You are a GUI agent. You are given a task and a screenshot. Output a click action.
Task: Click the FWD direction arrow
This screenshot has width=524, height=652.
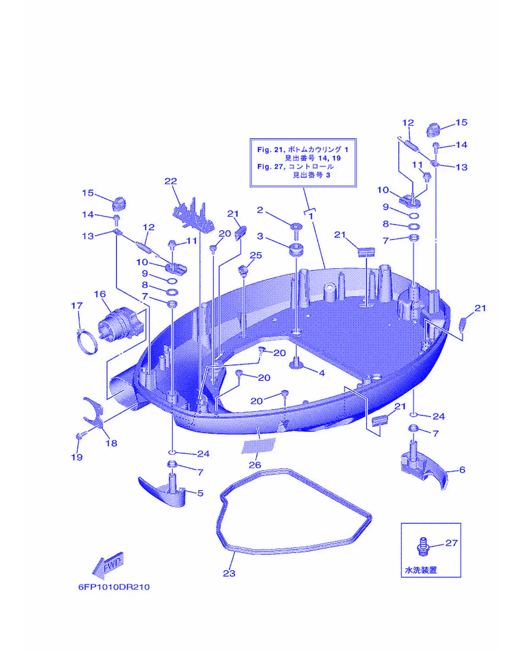click(108, 565)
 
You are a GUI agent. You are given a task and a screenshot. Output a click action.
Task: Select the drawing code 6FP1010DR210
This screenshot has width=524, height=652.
click(114, 587)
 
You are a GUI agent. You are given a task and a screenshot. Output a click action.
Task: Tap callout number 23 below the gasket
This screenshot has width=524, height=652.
click(229, 573)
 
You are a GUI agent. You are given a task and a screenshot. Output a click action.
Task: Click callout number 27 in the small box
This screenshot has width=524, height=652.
click(451, 543)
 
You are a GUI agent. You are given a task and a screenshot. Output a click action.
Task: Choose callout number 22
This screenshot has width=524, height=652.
click(171, 181)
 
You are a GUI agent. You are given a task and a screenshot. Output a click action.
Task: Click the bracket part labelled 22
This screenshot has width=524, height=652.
click(194, 216)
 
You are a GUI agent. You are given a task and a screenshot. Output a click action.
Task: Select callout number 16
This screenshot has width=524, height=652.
click(100, 294)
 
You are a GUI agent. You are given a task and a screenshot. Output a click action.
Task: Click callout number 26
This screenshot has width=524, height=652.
click(255, 465)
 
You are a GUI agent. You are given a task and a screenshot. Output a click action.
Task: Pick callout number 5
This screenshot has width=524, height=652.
click(200, 493)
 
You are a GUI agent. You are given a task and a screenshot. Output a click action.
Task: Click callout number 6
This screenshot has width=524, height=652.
click(462, 470)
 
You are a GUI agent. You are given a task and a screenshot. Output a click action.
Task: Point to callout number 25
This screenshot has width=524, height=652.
click(256, 255)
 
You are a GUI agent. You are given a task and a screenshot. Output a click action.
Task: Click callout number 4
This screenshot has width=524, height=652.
click(322, 373)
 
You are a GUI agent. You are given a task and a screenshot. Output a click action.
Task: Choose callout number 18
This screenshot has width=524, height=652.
click(111, 443)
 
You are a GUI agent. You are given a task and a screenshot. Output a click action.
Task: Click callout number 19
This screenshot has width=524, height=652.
click(77, 457)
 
